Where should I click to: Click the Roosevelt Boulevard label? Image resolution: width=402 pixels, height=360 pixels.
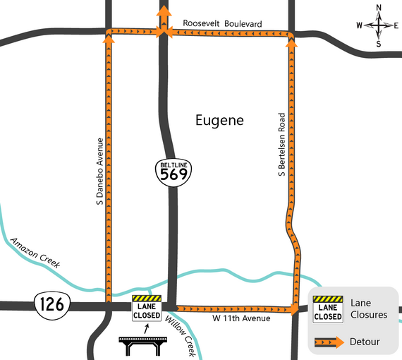point(222,24)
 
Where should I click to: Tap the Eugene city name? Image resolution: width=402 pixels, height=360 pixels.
point(219,121)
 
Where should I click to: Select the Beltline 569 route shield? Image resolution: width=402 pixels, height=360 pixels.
point(173,171)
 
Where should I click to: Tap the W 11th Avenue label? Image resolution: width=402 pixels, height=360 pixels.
point(241,319)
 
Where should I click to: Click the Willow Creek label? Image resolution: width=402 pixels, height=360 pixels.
point(180,334)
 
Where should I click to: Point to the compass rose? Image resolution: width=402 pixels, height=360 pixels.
point(379,26)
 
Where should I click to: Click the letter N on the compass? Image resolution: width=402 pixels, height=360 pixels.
point(379,8)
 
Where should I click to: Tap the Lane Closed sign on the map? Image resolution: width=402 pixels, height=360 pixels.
point(147,308)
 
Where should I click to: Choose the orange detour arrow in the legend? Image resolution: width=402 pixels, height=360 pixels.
point(329,342)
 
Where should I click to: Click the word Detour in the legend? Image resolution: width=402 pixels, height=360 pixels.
point(365,342)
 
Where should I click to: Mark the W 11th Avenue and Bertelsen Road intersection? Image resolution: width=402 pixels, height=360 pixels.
point(293,309)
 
